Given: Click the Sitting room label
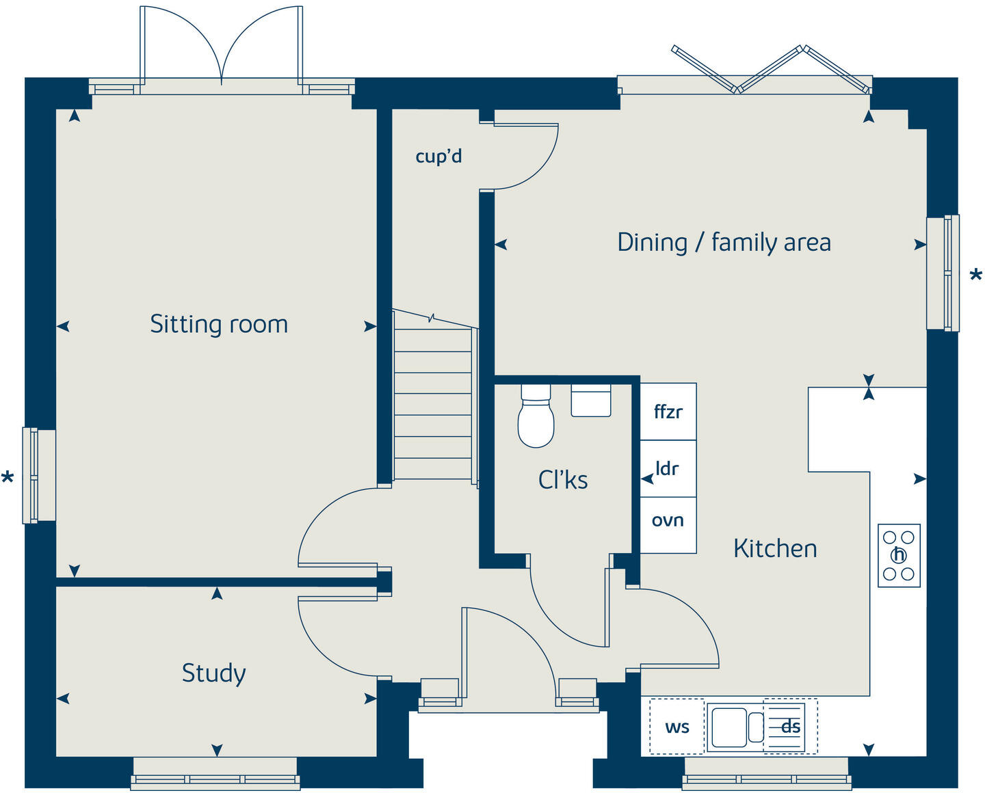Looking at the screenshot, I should pyautogui.click(x=219, y=324).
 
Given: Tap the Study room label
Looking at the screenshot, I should pyautogui.click(x=213, y=673).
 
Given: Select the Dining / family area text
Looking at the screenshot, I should pyautogui.click(x=724, y=243).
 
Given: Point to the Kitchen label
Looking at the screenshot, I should pyautogui.click(x=775, y=548).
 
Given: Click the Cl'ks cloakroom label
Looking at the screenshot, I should pyautogui.click(x=563, y=480).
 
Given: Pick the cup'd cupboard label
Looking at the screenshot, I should pyautogui.click(x=438, y=157).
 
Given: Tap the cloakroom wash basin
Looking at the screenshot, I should pyautogui.click(x=591, y=401).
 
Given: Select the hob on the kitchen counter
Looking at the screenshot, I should pyautogui.click(x=899, y=556).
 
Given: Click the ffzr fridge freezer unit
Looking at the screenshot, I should pyautogui.click(x=668, y=412).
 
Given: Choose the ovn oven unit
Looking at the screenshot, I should pyautogui.click(x=668, y=521).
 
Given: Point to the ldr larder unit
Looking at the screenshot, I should pyautogui.click(x=668, y=469).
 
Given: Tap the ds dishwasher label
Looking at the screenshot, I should pyautogui.click(x=791, y=727).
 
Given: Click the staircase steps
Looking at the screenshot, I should pyautogui.click(x=433, y=403).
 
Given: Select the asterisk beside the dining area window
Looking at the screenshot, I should pyautogui.click(x=975, y=276).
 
